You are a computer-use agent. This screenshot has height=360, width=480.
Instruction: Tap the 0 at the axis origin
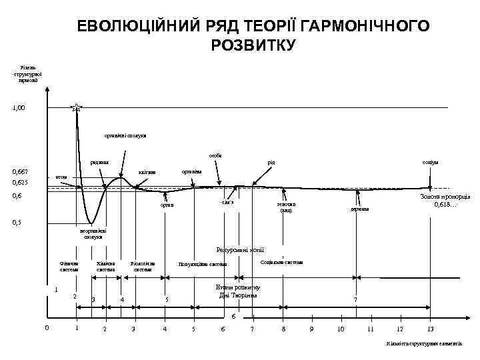[x=46, y=327]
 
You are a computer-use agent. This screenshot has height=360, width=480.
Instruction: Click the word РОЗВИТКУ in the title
[x=252, y=45]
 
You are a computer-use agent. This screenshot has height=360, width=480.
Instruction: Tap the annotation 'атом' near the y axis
[x=61, y=177]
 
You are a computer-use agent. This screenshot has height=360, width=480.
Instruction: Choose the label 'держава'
[x=359, y=209]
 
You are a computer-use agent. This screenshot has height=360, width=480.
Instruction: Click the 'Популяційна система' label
[x=202, y=264]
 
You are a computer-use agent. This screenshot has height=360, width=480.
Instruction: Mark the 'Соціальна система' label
[x=281, y=262]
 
